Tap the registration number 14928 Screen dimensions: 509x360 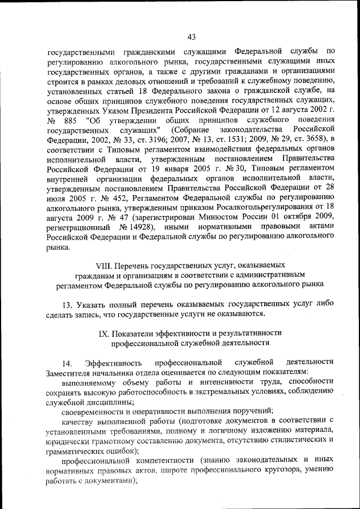point(132,226)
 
